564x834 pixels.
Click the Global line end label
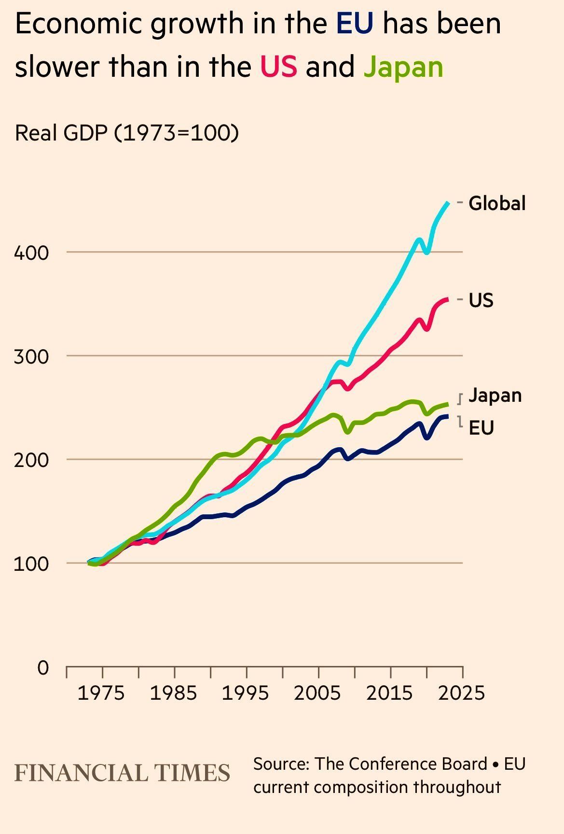click(x=497, y=203)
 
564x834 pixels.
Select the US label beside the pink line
click(x=481, y=300)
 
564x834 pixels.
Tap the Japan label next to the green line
click(x=495, y=395)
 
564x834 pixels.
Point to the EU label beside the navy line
click(x=481, y=428)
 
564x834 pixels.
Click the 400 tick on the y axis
click(x=31, y=253)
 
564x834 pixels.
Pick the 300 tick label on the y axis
click(x=31, y=356)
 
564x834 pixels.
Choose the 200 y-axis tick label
click(x=31, y=460)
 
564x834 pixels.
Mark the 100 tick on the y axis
click(x=31, y=564)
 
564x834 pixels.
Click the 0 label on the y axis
click(x=43, y=668)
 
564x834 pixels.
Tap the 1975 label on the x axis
click(x=101, y=693)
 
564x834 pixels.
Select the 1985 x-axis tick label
click(x=173, y=693)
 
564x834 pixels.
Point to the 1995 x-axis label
click(x=245, y=693)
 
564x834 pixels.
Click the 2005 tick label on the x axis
click(x=317, y=693)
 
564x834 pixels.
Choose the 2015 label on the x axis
click(x=389, y=693)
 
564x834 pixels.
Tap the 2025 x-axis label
click(x=461, y=693)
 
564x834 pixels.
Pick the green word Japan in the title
click(x=403, y=67)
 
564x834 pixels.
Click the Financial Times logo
click(x=123, y=773)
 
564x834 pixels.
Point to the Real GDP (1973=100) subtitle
click(x=127, y=133)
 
